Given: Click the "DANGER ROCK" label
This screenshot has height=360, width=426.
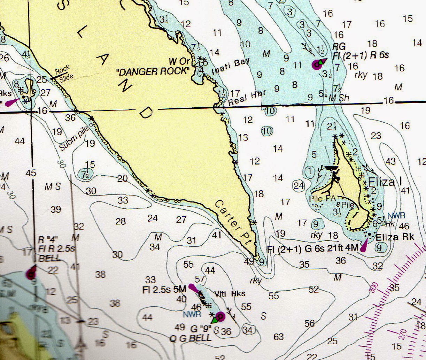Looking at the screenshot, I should [x=154, y=71].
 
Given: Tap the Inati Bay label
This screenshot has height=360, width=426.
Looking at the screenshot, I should [x=230, y=66].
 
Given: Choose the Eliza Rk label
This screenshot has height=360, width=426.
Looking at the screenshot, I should [x=395, y=237].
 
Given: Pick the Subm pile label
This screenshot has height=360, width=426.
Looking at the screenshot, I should [x=75, y=137].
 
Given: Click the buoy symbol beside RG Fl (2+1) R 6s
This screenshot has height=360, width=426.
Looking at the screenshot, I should [x=317, y=64].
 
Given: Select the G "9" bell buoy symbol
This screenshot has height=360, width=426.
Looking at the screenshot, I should [x=219, y=317].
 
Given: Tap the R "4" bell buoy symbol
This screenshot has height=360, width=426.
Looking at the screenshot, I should [x=31, y=274].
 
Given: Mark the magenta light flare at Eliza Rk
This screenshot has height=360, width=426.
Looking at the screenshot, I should [x=364, y=245].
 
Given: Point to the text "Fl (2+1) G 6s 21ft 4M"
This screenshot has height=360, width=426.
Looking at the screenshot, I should [x=312, y=249].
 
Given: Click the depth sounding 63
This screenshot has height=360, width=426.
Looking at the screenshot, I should [x=279, y=337].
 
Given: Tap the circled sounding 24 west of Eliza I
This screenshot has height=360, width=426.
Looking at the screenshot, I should [x=299, y=186].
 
